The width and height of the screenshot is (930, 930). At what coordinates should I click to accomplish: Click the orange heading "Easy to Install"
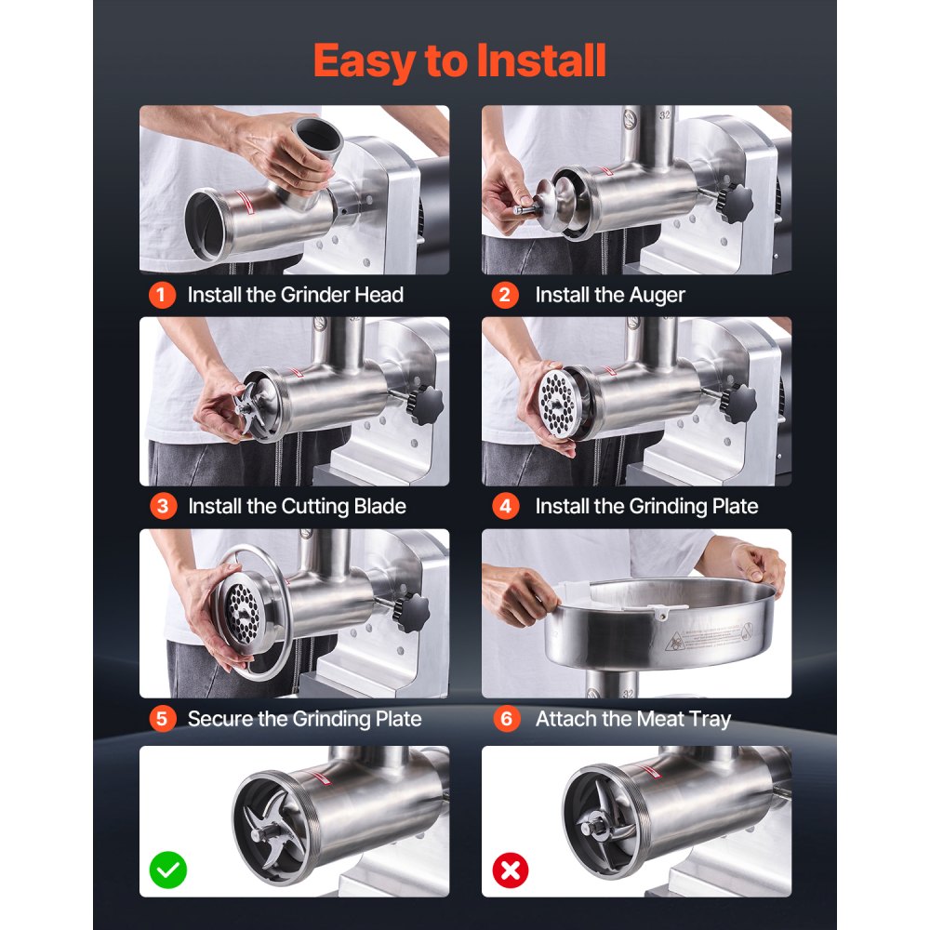click(459, 61)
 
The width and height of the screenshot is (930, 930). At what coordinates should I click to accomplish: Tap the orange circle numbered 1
click(162, 295)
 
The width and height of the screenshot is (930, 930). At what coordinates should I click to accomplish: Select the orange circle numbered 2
click(505, 295)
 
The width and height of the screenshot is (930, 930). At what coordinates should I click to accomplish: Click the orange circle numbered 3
click(163, 507)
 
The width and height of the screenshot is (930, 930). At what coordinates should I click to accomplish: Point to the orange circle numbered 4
click(505, 507)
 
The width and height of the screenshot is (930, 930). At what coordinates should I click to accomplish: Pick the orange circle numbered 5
click(163, 719)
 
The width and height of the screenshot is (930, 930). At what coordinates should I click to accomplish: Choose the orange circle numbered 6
click(507, 719)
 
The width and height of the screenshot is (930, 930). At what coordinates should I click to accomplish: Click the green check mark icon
click(167, 870)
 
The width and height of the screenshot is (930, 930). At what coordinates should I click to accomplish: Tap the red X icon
click(510, 870)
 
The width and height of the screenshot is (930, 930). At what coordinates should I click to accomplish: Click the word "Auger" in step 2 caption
click(657, 296)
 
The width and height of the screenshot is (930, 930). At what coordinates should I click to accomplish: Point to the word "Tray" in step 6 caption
click(711, 720)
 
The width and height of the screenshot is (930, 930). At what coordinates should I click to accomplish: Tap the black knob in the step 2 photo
click(735, 203)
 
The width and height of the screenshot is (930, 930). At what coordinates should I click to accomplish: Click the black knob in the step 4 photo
click(737, 404)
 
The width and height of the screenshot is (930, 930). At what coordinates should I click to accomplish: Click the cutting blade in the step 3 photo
click(249, 406)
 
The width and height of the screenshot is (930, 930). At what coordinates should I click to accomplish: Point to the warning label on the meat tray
click(710, 637)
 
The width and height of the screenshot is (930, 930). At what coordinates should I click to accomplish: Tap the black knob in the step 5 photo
click(411, 612)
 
